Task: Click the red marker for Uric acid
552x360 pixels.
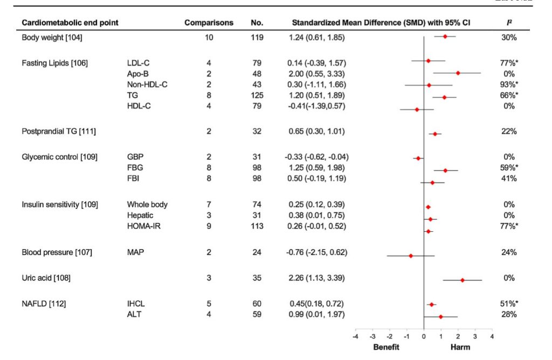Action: coord(463,280)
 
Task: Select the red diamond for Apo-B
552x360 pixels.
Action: coord(458,73)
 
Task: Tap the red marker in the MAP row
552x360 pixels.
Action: coord(411,256)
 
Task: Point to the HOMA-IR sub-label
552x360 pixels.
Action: coord(144,226)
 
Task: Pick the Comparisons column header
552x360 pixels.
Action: coord(209,23)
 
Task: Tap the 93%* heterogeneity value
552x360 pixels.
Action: coord(508,84)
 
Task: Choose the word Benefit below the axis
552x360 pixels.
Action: coord(387,348)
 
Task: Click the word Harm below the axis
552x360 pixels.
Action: coord(460,348)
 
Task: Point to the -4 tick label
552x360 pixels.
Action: coord(355,337)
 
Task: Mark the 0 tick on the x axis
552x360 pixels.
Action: coord(424,337)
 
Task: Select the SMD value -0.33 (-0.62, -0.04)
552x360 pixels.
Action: coord(316,157)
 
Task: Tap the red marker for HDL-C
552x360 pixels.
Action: coord(417,109)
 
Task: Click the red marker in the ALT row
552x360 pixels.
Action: coord(441,316)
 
